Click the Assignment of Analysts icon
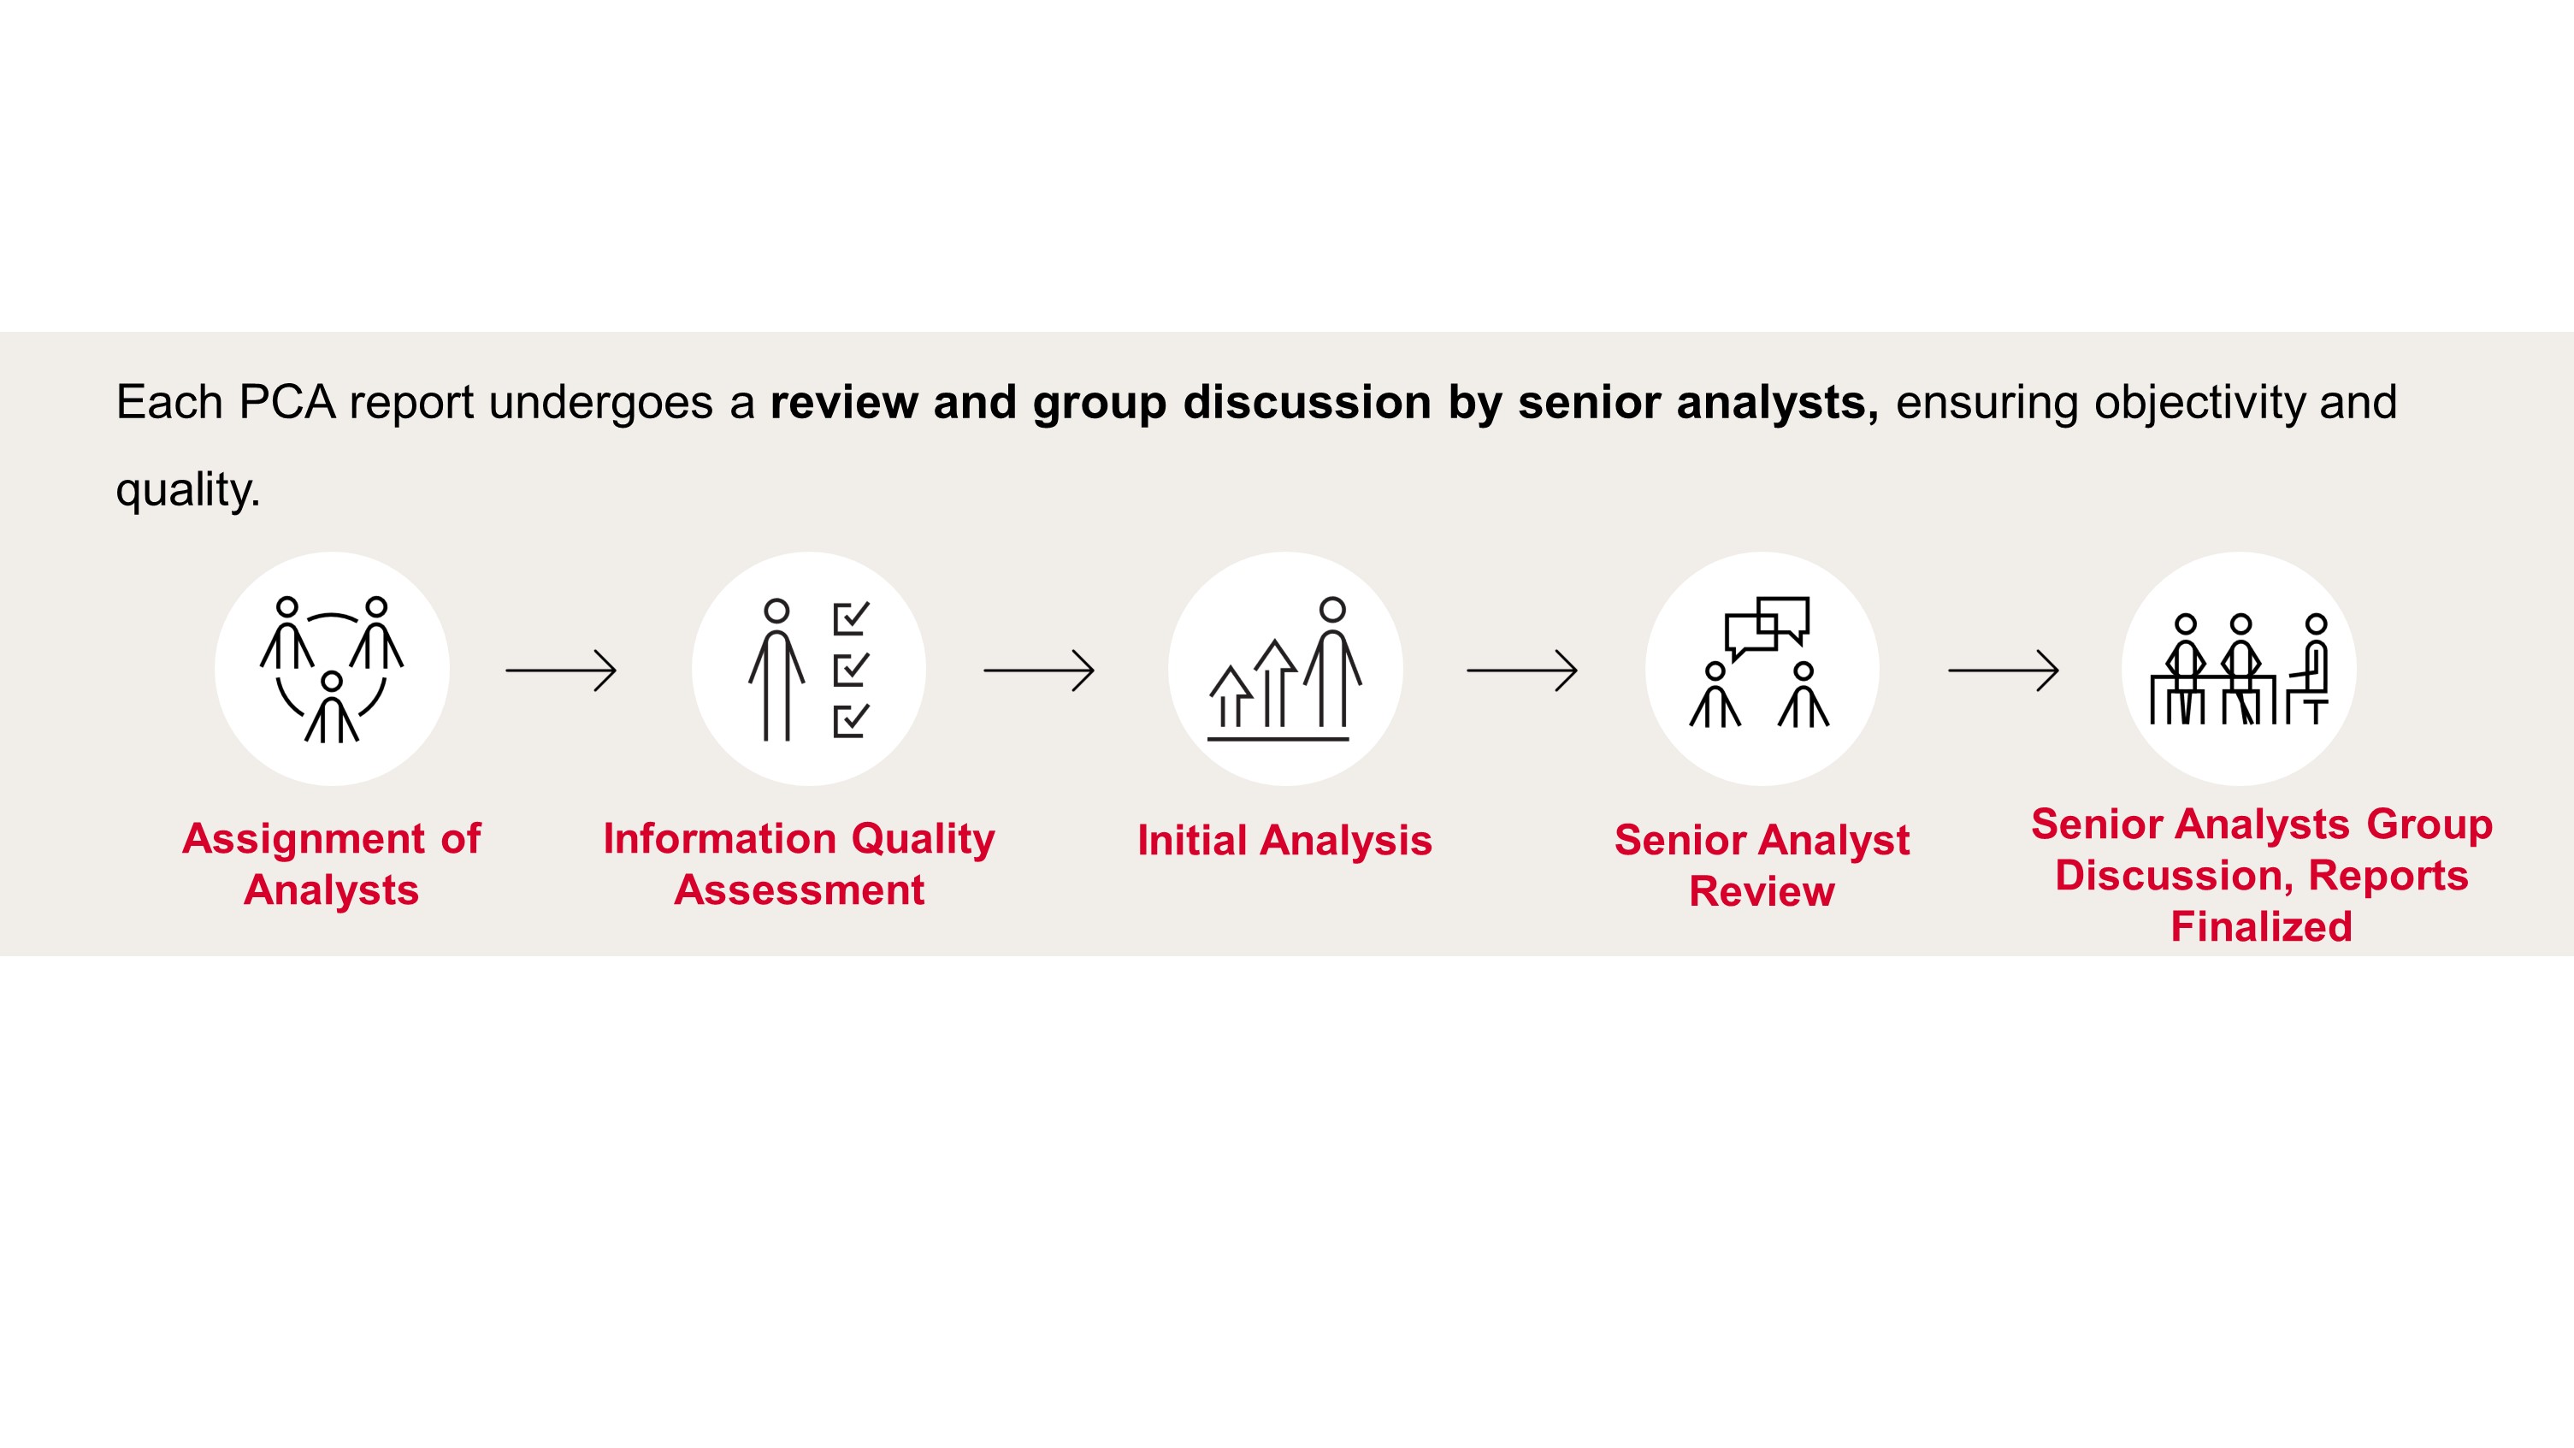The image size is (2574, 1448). coord(332,669)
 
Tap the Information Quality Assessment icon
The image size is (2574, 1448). coord(808,669)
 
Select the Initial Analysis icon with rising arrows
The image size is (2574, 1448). coord(1285,669)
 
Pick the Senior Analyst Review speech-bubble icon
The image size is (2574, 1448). coord(1762,669)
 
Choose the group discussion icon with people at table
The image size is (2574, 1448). coord(2238,669)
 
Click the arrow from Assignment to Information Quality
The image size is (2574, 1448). coord(561,671)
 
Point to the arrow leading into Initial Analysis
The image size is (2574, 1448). coord(1039,671)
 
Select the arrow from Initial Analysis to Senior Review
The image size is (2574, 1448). coord(1522,671)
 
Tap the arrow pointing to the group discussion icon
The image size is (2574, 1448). coord(2004,671)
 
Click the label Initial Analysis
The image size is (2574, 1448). coord(1285,841)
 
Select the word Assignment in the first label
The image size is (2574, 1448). coord(304,838)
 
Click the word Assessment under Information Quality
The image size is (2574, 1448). coord(800,889)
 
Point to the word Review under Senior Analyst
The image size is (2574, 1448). coord(1762,891)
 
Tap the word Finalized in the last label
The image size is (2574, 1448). coord(2261,926)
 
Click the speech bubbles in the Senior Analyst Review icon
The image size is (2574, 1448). coord(1767,628)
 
